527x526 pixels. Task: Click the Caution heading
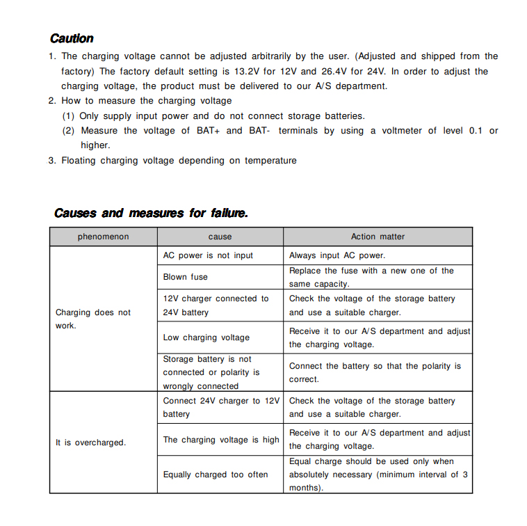[x=72, y=38]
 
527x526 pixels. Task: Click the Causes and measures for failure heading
[x=151, y=213]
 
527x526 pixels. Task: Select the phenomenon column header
[x=103, y=237]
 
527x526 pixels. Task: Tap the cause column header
[x=220, y=237]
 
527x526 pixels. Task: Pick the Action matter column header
[x=378, y=237]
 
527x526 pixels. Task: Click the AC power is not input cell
[x=208, y=255]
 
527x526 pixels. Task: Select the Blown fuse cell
[x=185, y=277]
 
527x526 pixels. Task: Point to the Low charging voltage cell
[x=206, y=337]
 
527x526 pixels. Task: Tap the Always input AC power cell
[x=337, y=255]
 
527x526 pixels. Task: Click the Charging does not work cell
[x=93, y=319]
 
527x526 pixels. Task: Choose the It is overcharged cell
[x=90, y=443]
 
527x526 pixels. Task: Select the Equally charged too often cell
[x=216, y=475]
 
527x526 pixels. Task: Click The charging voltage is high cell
[x=221, y=440]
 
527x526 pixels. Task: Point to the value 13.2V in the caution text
[x=246, y=71]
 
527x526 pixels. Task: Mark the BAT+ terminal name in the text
[x=208, y=130]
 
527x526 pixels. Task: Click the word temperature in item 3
[x=268, y=160]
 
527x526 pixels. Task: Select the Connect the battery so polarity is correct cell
[x=375, y=372]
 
